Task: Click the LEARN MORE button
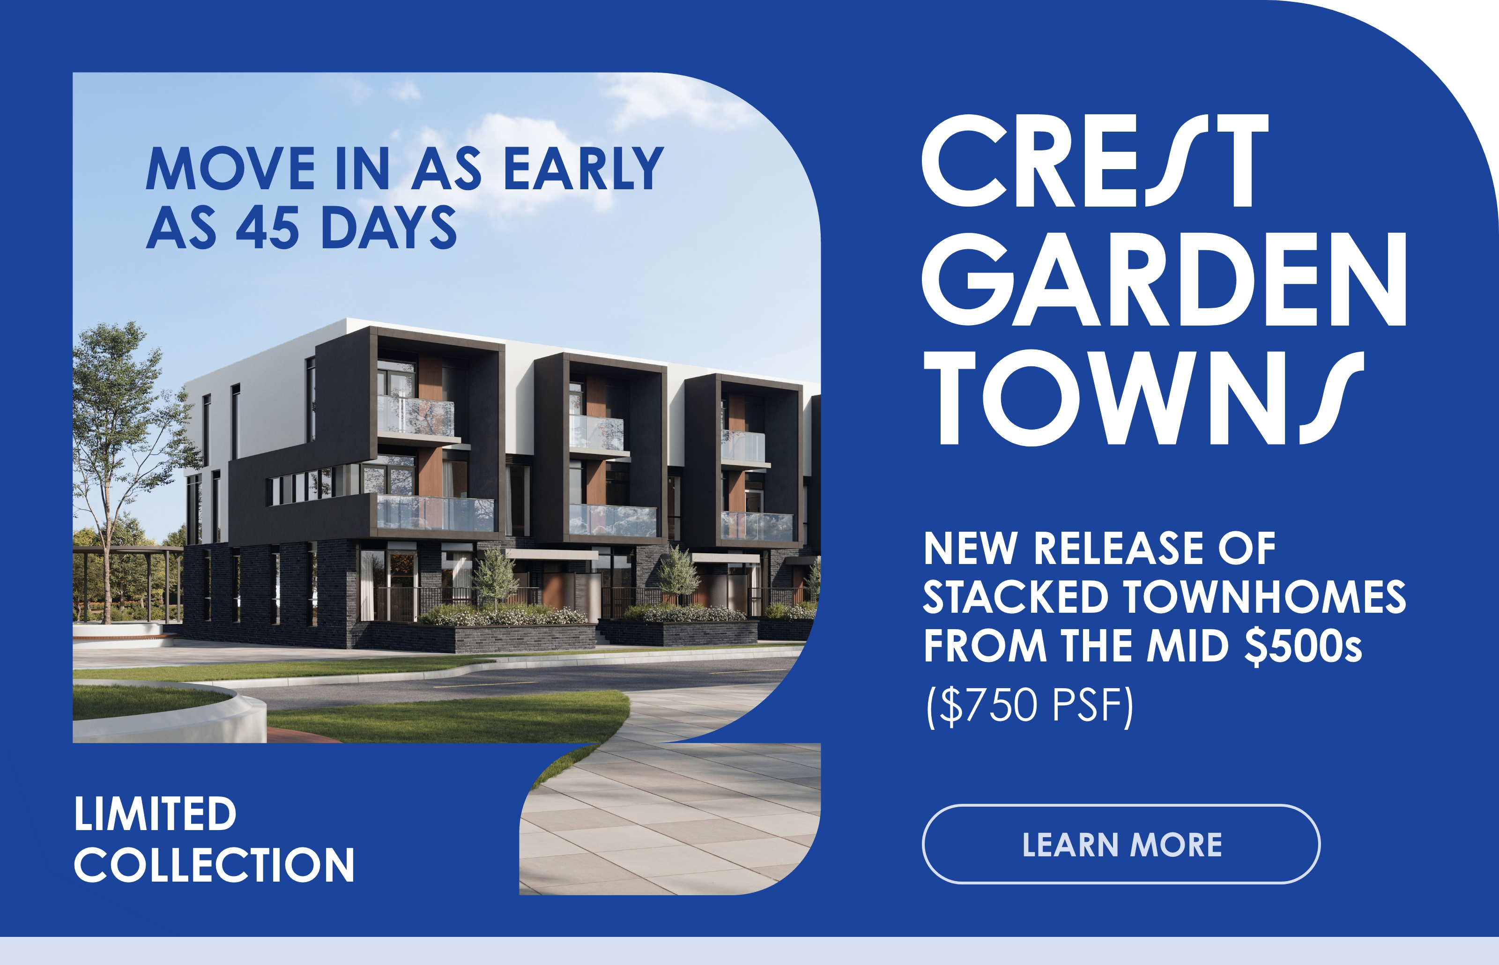point(1121,844)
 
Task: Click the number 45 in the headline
point(267,227)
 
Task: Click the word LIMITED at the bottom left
point(156,814)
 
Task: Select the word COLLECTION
point(214,865)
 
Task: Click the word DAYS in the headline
point(388,227)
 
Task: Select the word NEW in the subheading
point(970,548)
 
